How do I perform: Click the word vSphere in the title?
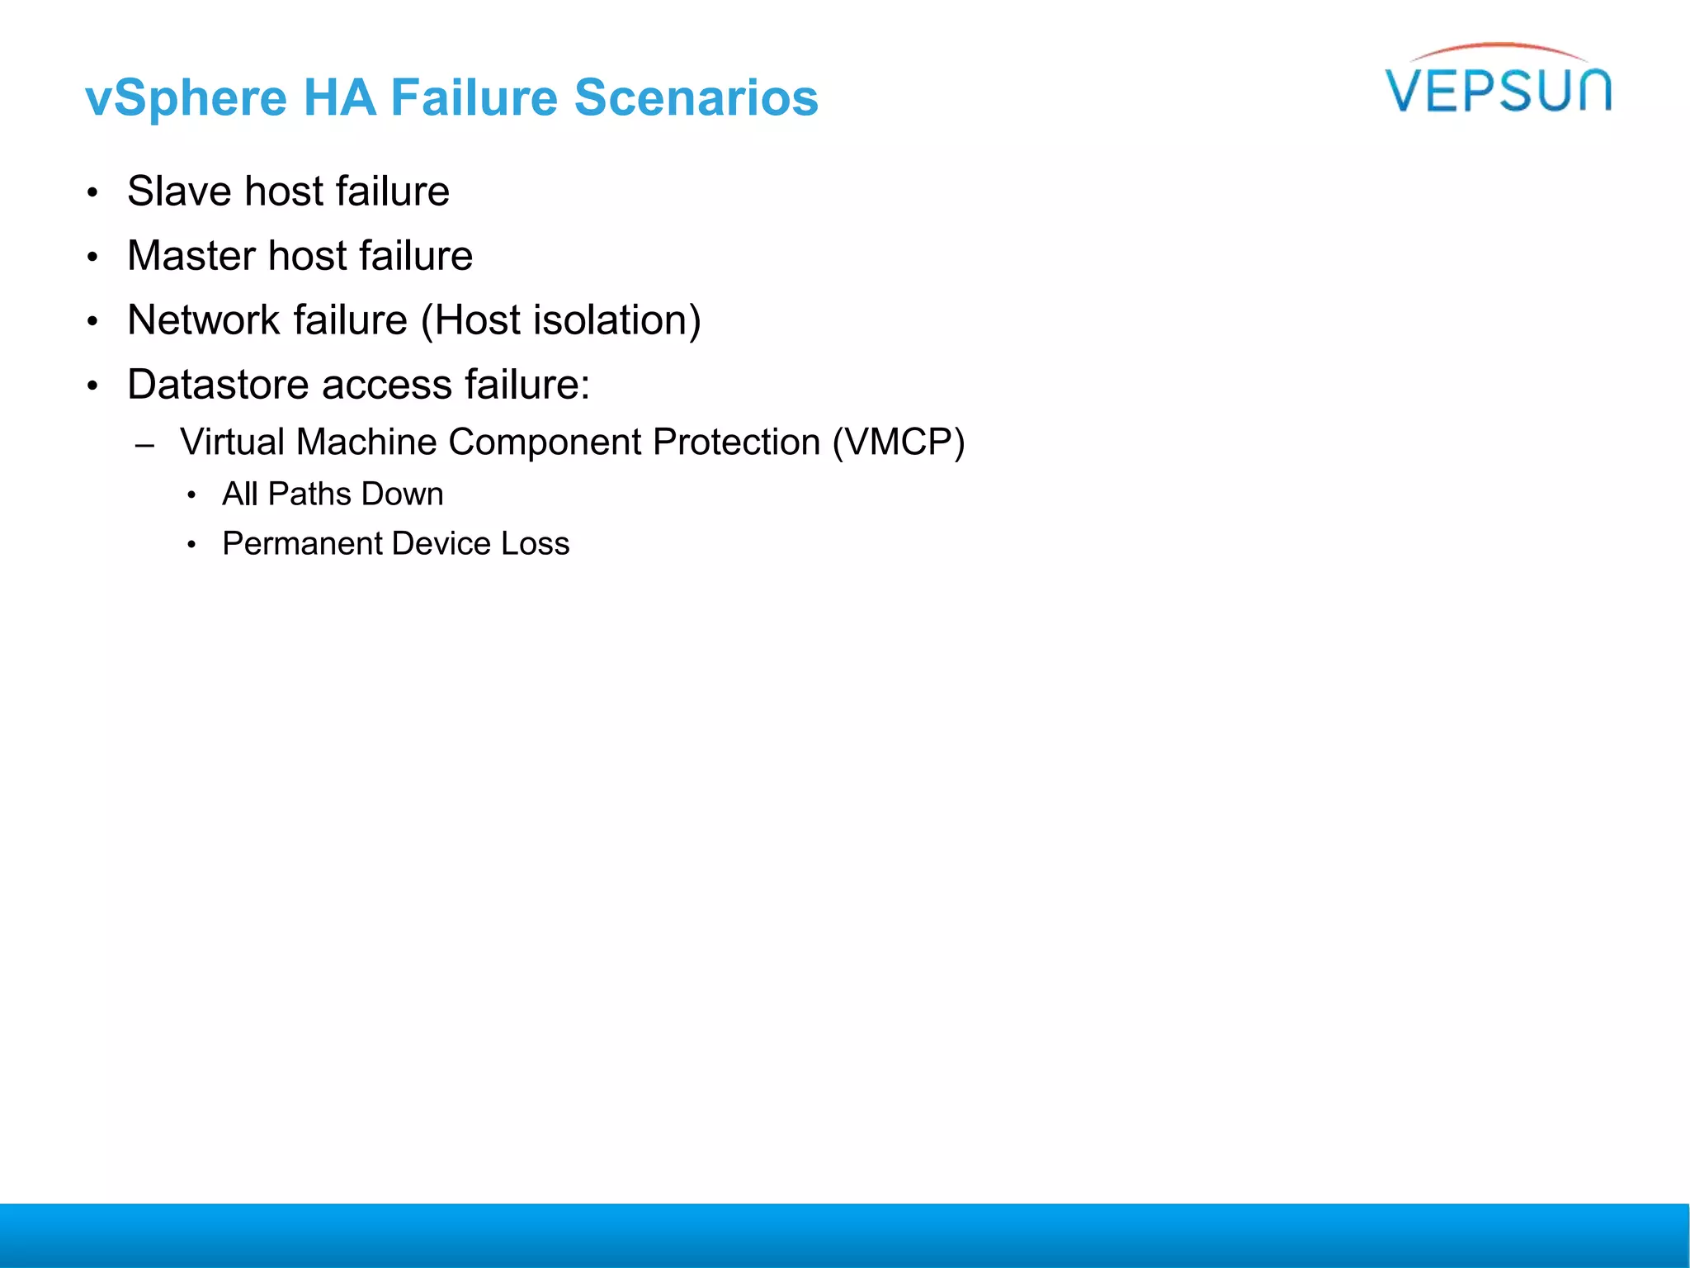click(x=186, y=99)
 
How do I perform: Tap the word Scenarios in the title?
click(x=696, y=97)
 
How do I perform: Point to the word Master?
click(x=191, y=256)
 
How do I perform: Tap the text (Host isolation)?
click(x=561, y=320)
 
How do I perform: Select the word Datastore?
click(x=219, y=385)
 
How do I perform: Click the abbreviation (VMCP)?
click(x=898, y=442)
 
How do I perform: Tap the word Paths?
click(x=309, y=494)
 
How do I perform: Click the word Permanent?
click(x=303, y=544)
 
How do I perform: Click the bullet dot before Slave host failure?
click(x=92, y=193)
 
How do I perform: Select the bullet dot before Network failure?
click(x=92, y=322)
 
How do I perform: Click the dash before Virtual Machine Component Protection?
click(x=145, y=446)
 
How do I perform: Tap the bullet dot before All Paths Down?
click(x=191, y=496)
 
